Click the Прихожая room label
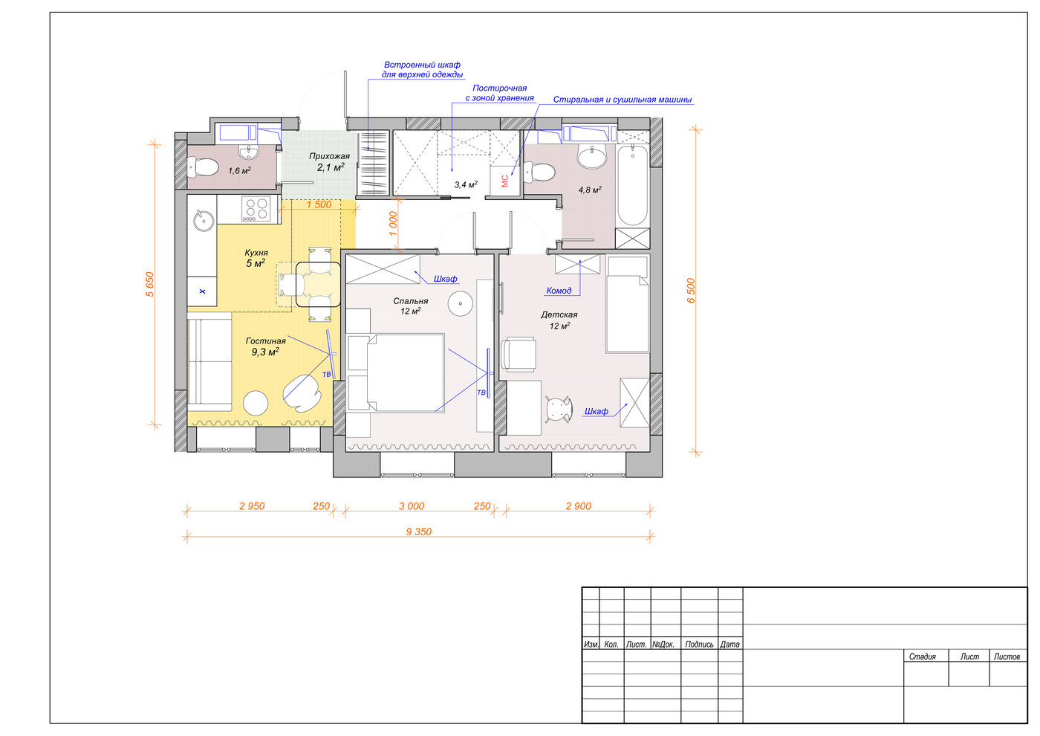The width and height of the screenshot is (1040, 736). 329,157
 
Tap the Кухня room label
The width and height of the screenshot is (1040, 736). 256,253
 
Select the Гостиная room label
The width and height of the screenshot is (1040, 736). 266,341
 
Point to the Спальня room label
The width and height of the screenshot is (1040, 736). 410,301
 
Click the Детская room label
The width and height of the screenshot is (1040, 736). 559,315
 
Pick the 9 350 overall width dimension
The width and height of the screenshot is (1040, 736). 419,532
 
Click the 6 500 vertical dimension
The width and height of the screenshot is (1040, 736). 691,291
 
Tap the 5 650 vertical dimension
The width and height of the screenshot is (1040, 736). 149,284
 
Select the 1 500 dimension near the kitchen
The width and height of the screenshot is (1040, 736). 319,204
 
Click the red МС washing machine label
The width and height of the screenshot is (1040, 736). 505,181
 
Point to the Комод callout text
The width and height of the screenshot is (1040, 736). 559,291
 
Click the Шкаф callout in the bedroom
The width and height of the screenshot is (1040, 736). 445,279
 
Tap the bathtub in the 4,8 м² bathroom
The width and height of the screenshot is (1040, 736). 632,185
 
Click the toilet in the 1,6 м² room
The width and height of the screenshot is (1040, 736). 203,167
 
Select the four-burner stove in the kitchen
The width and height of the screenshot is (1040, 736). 256,209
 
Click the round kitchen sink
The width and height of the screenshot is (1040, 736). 204,220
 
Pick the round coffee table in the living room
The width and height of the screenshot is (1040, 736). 256,403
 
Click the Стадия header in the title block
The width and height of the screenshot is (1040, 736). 922,656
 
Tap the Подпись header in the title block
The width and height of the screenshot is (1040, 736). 699,645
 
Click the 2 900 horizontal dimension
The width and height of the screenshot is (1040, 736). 579,506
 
